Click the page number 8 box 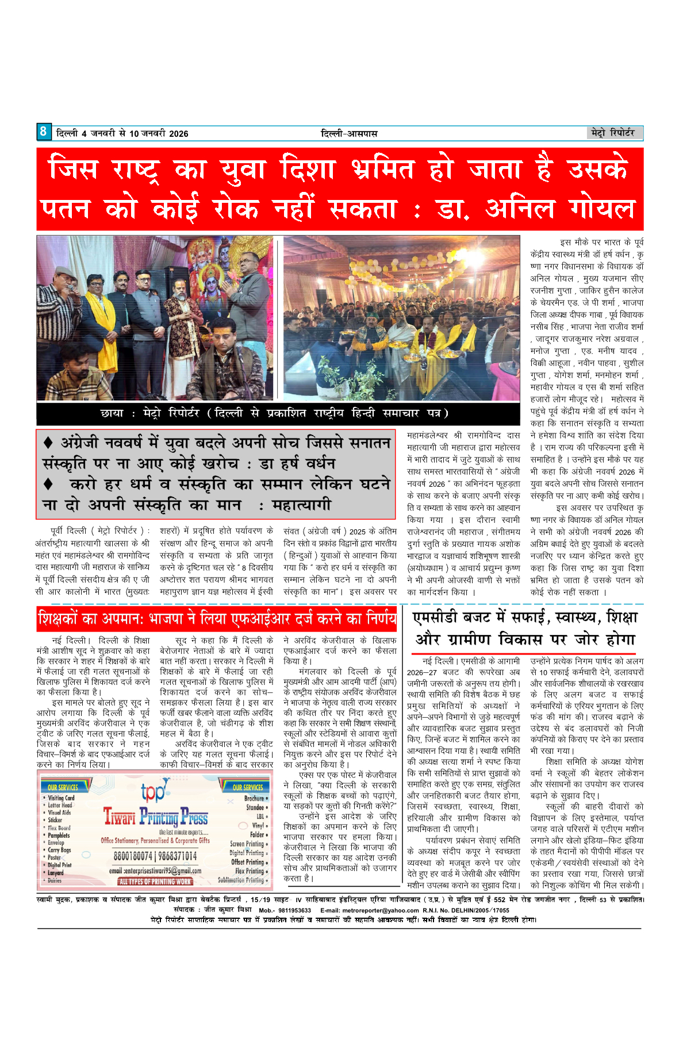coord(44,132)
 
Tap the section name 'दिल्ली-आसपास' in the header coord(348,133)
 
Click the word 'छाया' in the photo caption coord(112,413)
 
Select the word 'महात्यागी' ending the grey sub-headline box coord(301,506)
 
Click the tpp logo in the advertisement coord(153,792)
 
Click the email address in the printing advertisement coord(155,871)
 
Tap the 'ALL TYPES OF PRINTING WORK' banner coord(155,881)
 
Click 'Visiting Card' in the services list coord(61,798)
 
